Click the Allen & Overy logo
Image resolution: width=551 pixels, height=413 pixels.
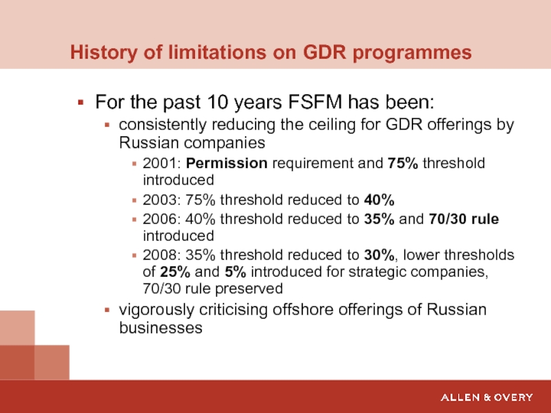click(487, 397)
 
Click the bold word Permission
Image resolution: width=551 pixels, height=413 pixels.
click(228, 164)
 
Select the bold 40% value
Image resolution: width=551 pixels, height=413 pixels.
click(379, 200)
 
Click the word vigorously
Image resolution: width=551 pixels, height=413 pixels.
click(154, 309)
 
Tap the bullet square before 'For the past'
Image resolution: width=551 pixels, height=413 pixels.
click(81, 104)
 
